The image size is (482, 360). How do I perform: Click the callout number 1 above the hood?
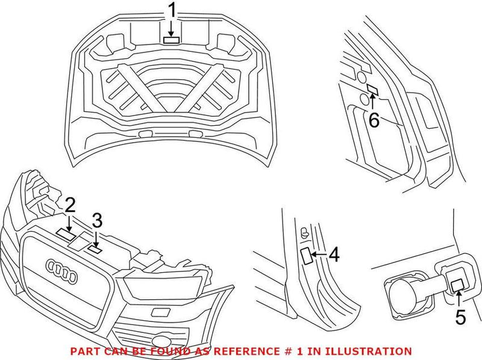[x=172, y=11]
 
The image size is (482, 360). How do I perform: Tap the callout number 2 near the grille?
[x=70, y=206]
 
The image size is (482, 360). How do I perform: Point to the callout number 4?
[x=333, y=255]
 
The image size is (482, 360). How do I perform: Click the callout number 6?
[x=374, y=120]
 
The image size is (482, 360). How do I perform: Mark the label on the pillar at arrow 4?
[x=305, y=255]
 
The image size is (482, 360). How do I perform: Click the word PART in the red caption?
[x=83, y=351]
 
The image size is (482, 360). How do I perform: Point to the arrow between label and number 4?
[x=318, y=255]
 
